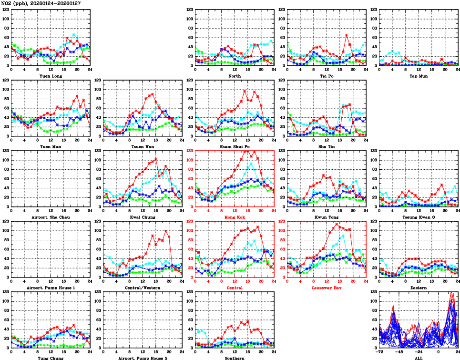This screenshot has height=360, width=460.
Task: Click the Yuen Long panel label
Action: pos(51,76)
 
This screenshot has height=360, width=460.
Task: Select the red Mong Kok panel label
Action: pos(235,217)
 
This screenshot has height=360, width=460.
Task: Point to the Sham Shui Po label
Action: pos(235,146)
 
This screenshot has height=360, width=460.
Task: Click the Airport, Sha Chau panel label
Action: pos(51,217)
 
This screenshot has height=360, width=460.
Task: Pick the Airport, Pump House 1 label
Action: pos(51,288)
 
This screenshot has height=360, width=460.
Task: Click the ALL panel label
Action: pos(419,358)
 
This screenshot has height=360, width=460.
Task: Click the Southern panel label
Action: pos(235,358)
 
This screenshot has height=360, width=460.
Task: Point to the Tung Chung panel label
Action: pos(51,358)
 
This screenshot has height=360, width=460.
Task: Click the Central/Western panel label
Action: pos(143,288)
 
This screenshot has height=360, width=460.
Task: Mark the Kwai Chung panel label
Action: pos(143,217)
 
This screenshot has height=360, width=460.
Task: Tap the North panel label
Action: pos(235,76)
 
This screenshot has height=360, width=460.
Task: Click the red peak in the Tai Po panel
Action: pos(347,35)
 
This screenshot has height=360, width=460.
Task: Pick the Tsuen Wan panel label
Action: pos(143,146)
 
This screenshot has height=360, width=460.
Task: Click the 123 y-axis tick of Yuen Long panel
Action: pos(5,10)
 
